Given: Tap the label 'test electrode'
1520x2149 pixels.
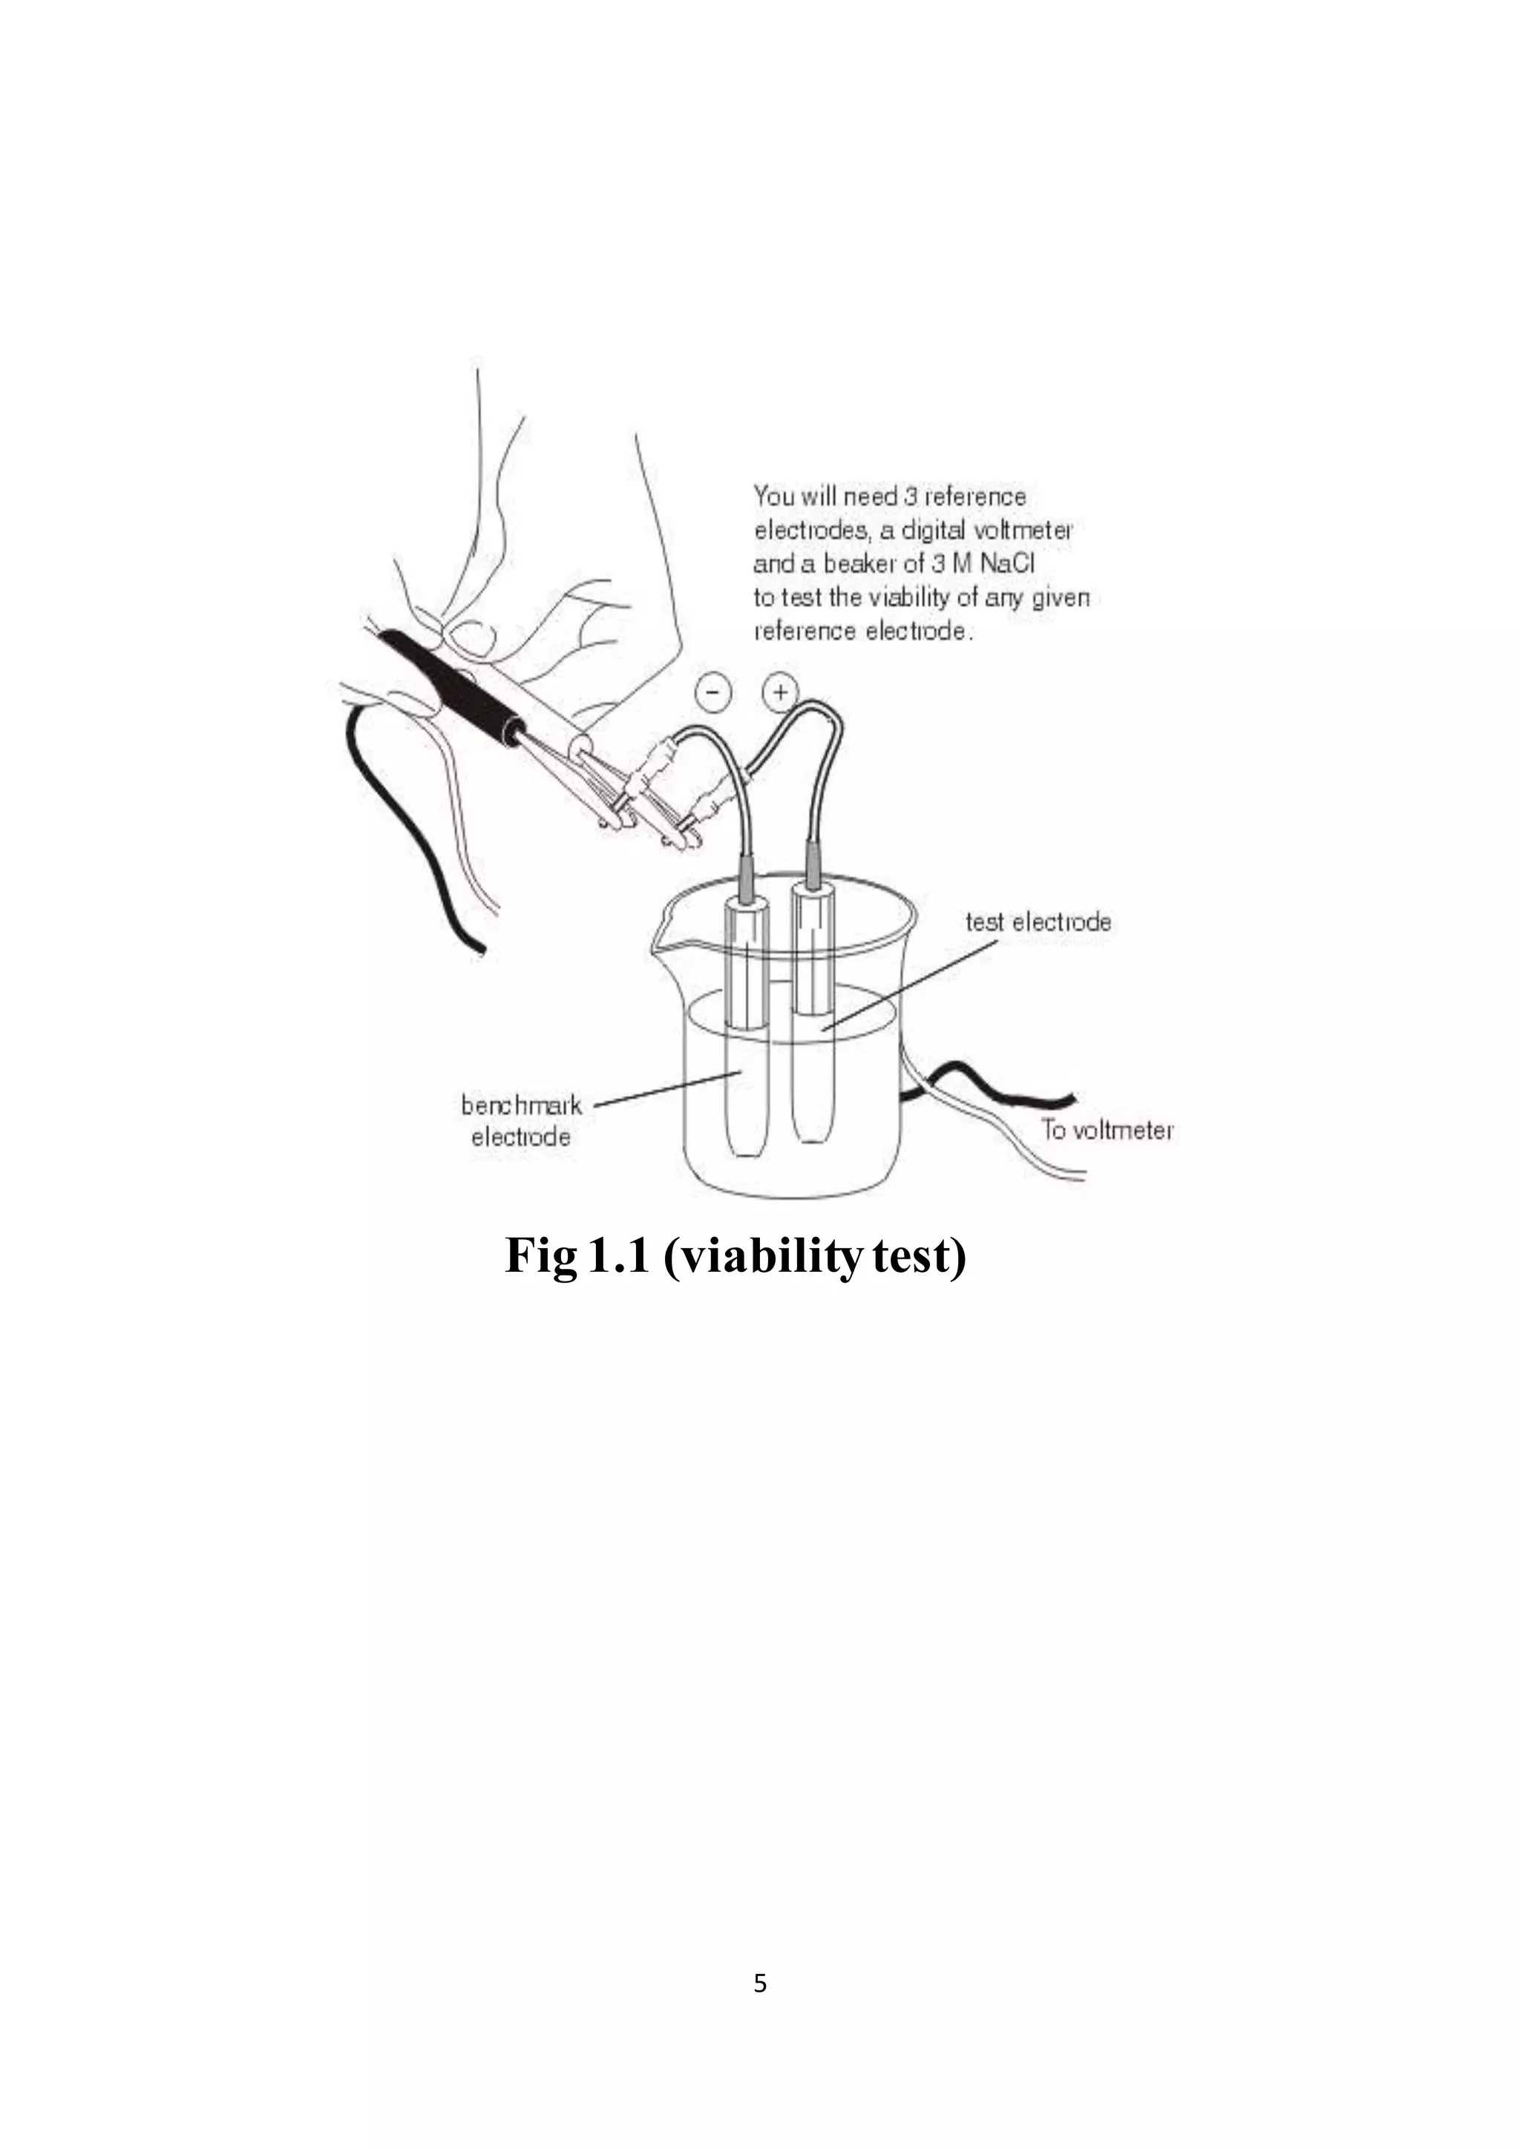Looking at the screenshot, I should click(1038, 922).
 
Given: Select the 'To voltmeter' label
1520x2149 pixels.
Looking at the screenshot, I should click(1107, 1131).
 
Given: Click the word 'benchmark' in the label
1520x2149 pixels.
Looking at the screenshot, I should click(521, 1106).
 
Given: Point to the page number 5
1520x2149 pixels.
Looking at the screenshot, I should click(760, 1982).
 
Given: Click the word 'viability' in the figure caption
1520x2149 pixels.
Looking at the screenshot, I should click(761, 1255).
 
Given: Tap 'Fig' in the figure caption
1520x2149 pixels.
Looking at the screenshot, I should click(540, 1255).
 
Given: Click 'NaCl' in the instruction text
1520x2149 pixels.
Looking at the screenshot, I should click(1007, 563).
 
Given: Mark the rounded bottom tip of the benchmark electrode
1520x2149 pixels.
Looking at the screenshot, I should click(747, 1150).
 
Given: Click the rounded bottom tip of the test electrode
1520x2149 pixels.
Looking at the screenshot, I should click(811, 1135).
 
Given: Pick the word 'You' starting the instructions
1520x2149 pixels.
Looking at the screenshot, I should click(774, 496).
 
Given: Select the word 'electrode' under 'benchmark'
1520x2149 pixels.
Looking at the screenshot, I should click(520, 1138).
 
